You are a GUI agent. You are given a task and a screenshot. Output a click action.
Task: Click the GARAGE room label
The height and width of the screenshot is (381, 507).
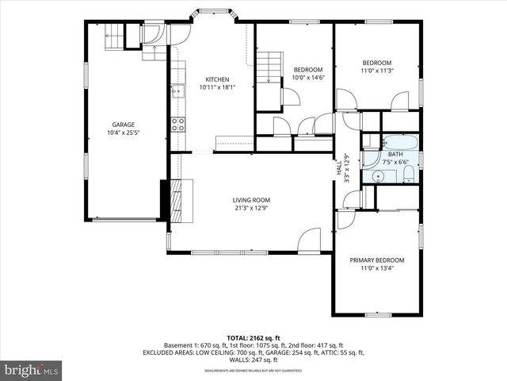point(123,125)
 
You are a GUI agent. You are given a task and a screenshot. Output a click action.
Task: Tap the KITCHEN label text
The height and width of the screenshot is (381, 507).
point(217,79)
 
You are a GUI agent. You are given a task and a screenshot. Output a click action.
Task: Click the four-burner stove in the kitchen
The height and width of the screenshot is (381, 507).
point(178,124)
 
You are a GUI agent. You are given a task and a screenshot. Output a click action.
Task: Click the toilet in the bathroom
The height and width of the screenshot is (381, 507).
point(407,175)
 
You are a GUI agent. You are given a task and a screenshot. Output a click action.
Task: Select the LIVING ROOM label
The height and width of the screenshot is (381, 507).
point(252,200)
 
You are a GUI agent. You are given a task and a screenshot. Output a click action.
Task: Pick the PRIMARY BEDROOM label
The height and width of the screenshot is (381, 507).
point(377,260)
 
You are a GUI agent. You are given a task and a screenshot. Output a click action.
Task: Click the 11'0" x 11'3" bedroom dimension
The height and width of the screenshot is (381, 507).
point(377,71)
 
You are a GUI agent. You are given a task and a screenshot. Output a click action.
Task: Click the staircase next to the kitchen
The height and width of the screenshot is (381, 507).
point(272,67)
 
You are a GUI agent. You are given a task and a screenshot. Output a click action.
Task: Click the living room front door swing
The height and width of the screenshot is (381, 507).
point(310,240)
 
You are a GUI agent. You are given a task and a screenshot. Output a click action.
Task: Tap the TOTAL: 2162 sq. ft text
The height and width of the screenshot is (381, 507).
point(253,337)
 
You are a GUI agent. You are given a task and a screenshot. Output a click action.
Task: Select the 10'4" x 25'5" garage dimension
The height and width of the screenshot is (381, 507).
point(123,133)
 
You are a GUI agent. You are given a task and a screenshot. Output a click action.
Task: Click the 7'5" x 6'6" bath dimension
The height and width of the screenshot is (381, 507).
point(395,162)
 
